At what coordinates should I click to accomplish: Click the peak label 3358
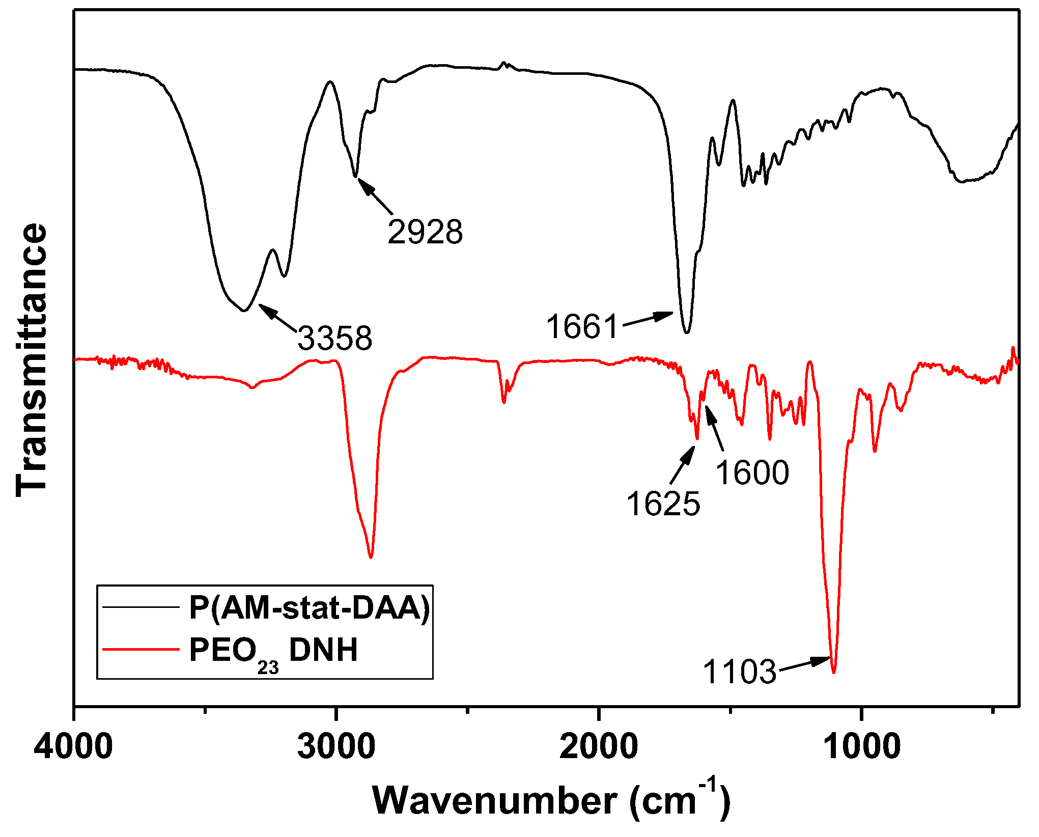pos(335,338)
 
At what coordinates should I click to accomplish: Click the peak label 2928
pos(425,232)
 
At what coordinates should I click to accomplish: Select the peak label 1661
pos(582,326)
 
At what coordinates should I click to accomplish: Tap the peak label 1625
pos(663,504)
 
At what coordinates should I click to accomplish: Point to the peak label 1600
pos(752,472)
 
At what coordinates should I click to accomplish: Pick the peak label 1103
pos(739,672)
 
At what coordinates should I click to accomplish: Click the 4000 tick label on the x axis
pos(73,747)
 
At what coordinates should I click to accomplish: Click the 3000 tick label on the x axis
pos(336,747)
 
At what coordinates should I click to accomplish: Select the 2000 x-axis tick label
pos(598,747)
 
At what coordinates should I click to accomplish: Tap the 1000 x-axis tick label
pos(861,747)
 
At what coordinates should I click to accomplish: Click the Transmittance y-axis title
pos(32,360)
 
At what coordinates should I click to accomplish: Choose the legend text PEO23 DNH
pos(273,651)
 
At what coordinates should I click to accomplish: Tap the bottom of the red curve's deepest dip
pos(834,673)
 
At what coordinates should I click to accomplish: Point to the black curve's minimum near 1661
pos(687,332)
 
